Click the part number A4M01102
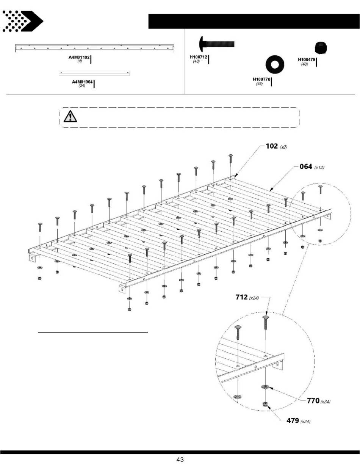[79, 57]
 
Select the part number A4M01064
[82, 82]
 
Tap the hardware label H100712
[199, 57]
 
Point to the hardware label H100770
[261, 79]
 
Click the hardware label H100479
[307, 60]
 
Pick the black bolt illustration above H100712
[217, 44]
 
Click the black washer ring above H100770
[275, 64]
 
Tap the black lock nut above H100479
[321, 48]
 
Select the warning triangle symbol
[70, 116]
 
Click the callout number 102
[271, 146]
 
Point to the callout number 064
[305, 166]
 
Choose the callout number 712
[241, 297]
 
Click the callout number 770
[313, 400]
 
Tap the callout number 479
[293, 420]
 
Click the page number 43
[180, 460]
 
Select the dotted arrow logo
[22, 21]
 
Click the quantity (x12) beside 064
[319, 168]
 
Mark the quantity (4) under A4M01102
[80, 61]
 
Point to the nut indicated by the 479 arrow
[265, 404]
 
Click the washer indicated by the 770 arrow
[265, 387]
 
